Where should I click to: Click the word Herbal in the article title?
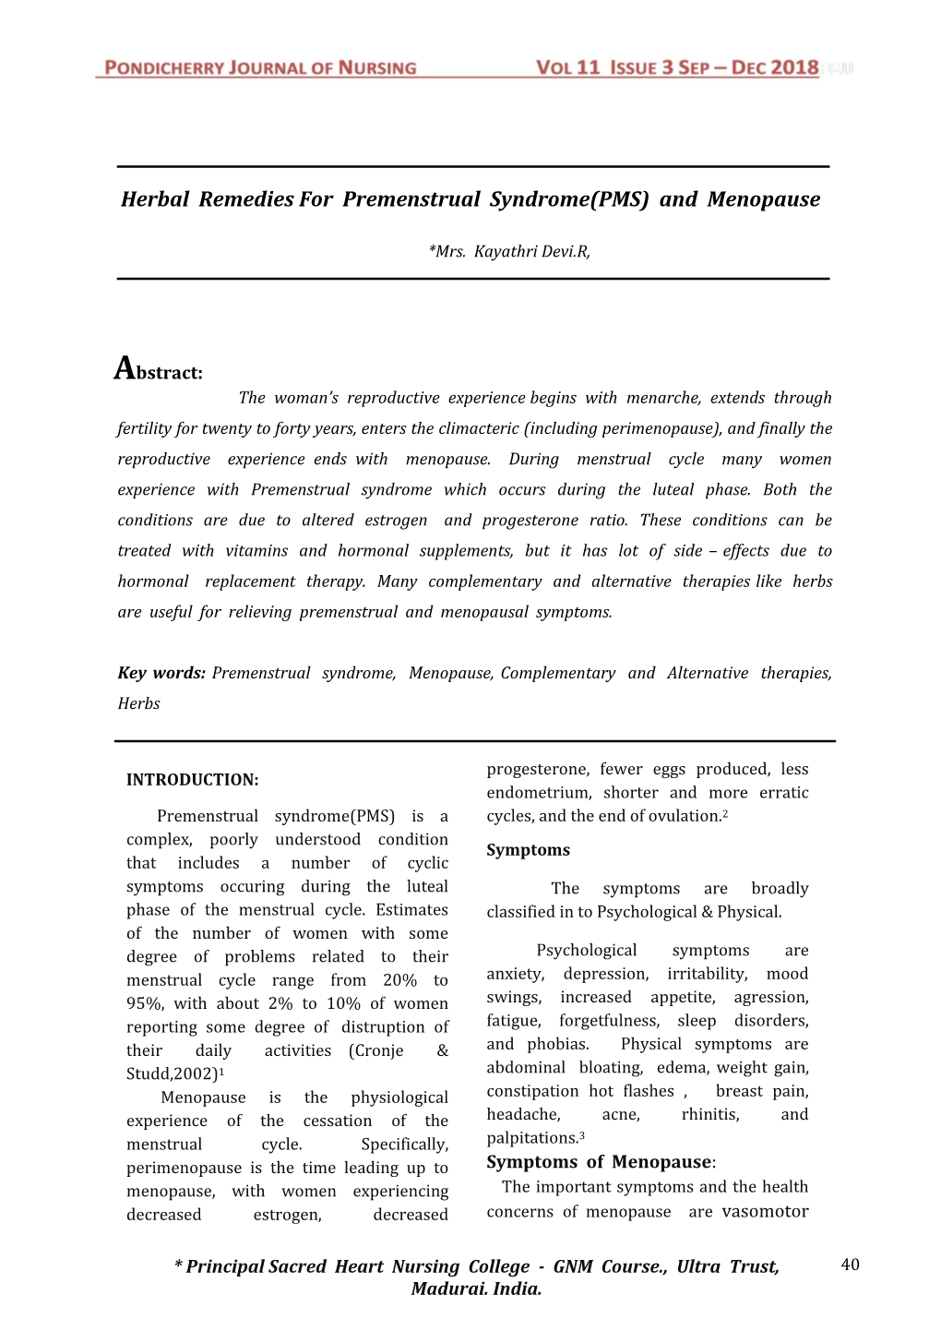155,199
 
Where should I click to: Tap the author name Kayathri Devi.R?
531,251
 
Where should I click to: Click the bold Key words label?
161,673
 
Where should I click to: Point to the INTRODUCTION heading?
192,780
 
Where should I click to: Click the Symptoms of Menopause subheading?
600,1162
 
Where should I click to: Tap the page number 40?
850,1265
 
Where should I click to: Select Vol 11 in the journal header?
567,67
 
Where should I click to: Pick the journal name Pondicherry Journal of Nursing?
260,67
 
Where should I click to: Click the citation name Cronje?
376,1050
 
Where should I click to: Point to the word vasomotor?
765,1211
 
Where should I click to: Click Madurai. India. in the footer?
476,1289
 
